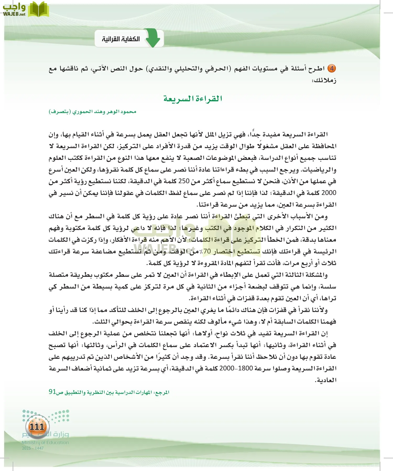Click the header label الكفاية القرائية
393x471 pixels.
pyautogui.click(x=121, y=39)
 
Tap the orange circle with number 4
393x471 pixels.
pyautogui.click(x=332, y=69)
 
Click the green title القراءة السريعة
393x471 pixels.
pyautogui.click(x=193, y=99)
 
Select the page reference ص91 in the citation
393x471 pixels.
pyautogui.click(x=56, y=392)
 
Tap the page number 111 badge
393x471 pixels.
pyautogui.click(x=37, y=427)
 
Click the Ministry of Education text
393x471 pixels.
pyautogui.click(x=45, y=442)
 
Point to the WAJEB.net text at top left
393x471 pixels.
pyautogui.click(x=14, y=14)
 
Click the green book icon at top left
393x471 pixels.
pyautogui.click(x=38, y=9)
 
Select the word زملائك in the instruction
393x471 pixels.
pyautogui.click(x=324, y=80)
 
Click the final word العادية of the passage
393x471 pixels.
pyautogui.click(x=326, y=380)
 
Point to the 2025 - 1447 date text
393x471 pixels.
pyautogui.click(x=33, y=448)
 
